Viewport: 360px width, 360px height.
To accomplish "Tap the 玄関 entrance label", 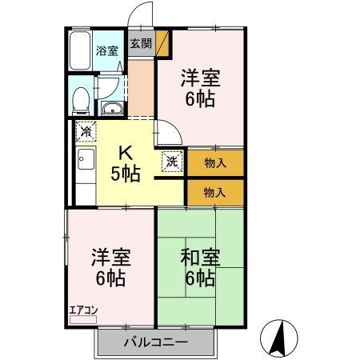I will click(141, 43).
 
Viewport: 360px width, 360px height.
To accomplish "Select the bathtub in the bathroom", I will click(80, 51).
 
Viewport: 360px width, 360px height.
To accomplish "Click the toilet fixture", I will click(80, 100).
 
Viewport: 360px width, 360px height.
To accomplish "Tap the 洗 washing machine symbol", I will click(172, 161).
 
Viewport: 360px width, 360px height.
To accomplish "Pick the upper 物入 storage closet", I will click(215, 162).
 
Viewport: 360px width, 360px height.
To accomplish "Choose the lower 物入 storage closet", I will click(215, 192).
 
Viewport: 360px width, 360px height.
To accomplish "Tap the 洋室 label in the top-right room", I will click(201, 89).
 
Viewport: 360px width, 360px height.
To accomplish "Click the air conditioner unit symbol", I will click(82, 319).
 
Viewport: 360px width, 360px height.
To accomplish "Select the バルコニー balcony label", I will click(155, 342).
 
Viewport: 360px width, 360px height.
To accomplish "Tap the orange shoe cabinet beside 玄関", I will click(162, 43).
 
